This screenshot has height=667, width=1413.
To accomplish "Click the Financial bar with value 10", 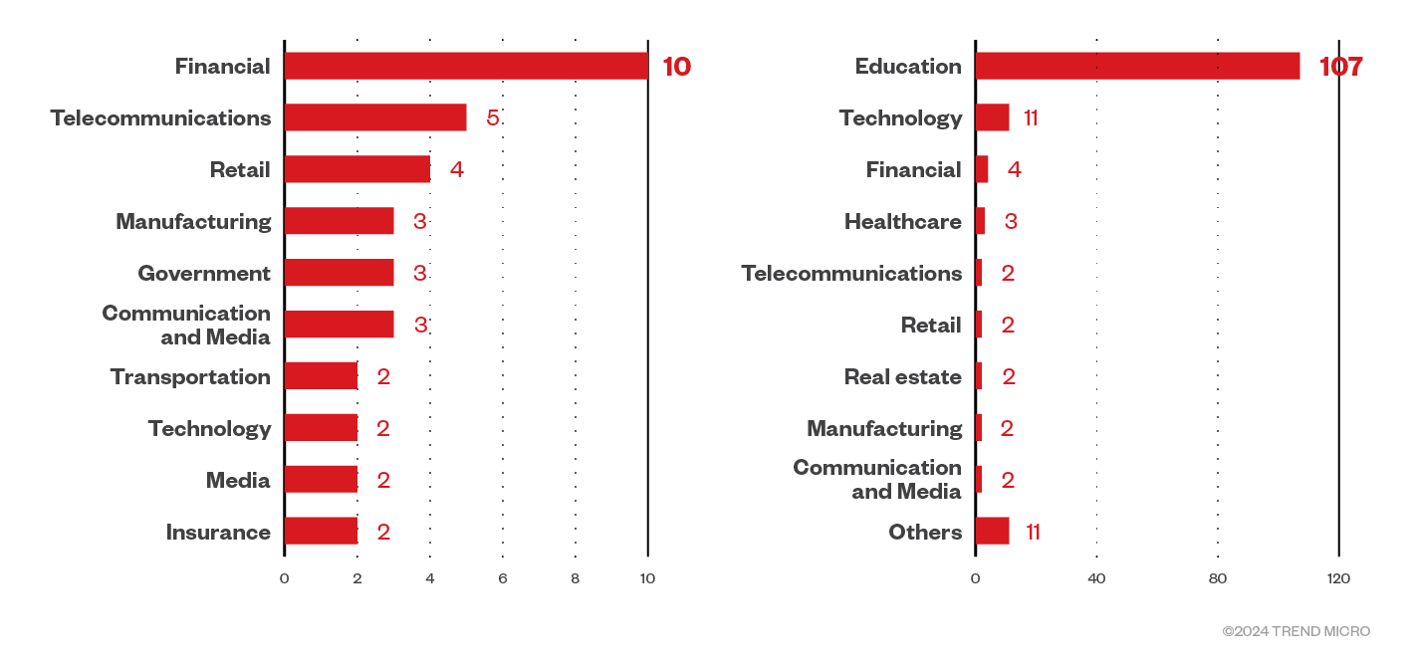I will pyautogui.click(x=466, y=66).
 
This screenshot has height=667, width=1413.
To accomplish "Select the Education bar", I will pyautogui.click(x=1137, y=66).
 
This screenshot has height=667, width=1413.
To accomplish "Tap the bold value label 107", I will pyautogui.click(x=1340, y=67).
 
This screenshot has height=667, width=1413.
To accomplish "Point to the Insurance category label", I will pyautogui.click(x=218, y=532).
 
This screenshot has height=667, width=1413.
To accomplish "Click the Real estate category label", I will pyautogui.click(x=902, y=376).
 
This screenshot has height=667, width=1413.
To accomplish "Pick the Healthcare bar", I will pyautogui.click(x=980, y=221).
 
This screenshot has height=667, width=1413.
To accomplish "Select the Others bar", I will pyautogui.click(x=992, y=532).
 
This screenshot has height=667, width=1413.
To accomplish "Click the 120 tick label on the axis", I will pyautogui.click(x=1338, y=578).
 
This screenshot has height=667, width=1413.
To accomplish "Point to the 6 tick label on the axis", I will pyautogui.click(x=503, y=578).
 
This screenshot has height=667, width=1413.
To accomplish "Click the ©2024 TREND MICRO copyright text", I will pyautogui.click(x=1295, y=631).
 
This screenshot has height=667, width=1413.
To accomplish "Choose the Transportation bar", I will pyautogui.click(x=321, y=376).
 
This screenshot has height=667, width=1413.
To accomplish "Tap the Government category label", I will pyautogui.click(x=204, y=273).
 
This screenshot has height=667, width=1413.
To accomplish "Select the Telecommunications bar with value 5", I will pyautogui.click(x=375, y=117).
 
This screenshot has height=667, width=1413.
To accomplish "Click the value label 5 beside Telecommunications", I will pyautogui.click(x=493, y=117).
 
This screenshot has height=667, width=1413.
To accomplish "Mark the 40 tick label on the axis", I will pyautogui.click(x=1096, y=578).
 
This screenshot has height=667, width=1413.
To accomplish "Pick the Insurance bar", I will pyautogui.click(x=321, y=532).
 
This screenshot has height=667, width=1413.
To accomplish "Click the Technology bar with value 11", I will pyautogui.click(x=992, y=117).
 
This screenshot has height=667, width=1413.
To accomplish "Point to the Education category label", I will pyautogui.click(x=908, y=67).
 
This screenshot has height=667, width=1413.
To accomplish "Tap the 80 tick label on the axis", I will pyautogui.click(x=1218, y=578).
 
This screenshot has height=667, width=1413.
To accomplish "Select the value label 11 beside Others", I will pyautogui.click(x=1033, y=532).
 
